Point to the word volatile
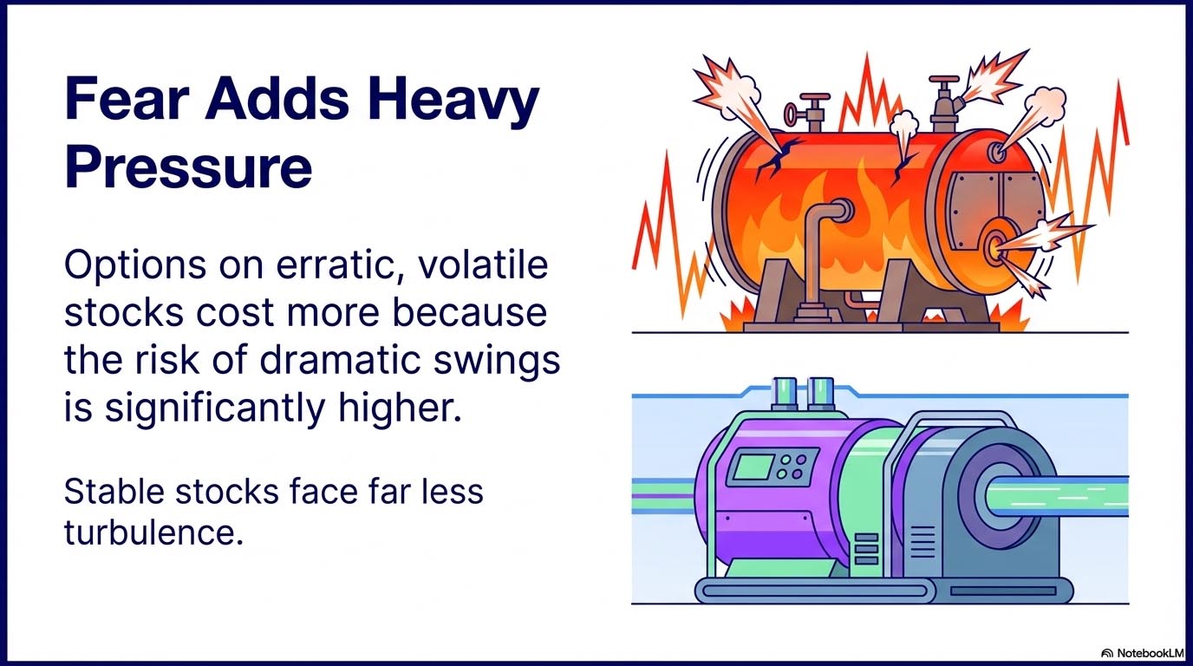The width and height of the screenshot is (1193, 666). (x=483, y=264)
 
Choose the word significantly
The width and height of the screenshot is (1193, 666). (x=215, y=408)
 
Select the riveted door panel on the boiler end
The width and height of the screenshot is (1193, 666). (x=997, y=212)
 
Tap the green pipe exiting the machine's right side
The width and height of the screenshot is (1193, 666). (x=1057, y=497)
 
